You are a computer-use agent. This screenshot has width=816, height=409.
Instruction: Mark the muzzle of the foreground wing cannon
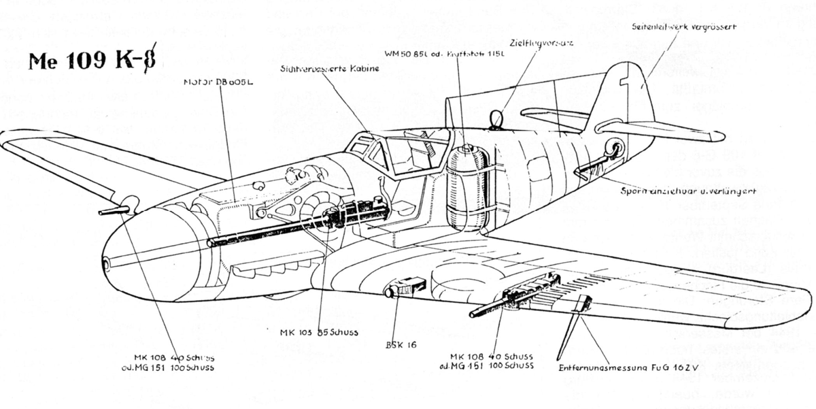(471, 314)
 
